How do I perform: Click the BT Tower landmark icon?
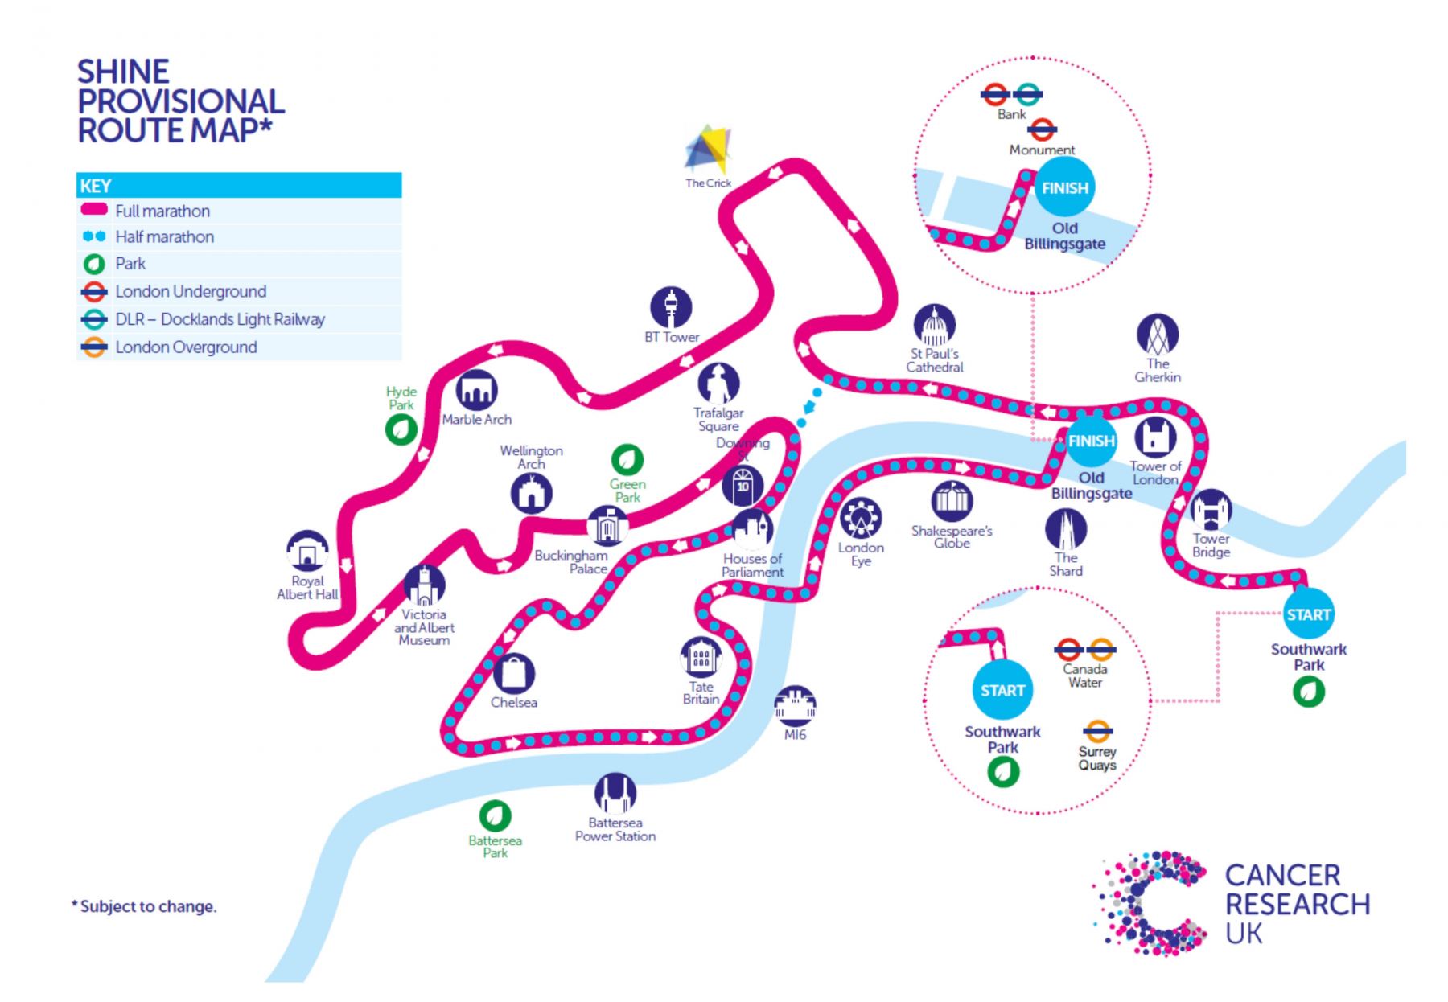pyautogui.click(x=671, y=307)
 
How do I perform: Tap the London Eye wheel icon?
pyautogui.click(x=861, y=519)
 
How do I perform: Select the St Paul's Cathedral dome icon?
pyautogui.click(x=934, y=326)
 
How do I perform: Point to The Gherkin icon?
pyautogui.click(x=1158, y=335)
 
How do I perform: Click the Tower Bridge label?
pyautogui.click(x=1211, y=545)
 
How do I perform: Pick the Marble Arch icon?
pyautogui.click(x=476, y=391)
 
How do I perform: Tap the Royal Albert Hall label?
pyautogui.click(x=307, y=588)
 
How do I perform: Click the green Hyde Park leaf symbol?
pyautogui.click(x=401, y=429)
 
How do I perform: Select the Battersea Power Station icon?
pyautogui.click(x=615, y=793)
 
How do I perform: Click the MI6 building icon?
pyautogui.click(x=795, y=706)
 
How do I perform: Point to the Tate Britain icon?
pyautogui.click(x=701, y=658)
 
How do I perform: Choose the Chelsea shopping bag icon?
pyautogui.click(x=513, y=673)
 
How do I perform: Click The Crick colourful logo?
pyautogui.click(x=708, y=150)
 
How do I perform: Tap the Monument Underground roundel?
pyautogui.click(x=1042, y=129)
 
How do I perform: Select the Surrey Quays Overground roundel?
pyautogui.click(x=1097, y=731)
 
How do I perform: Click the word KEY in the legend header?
pyautogui.click(x=96, y=186)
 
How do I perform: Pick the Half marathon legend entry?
pyautogui.click(x=148, y=236)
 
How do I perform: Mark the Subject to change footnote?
pyautogui.click(x=144, y=906)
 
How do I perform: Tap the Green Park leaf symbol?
pyautogui.click(x=627, y=461)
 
